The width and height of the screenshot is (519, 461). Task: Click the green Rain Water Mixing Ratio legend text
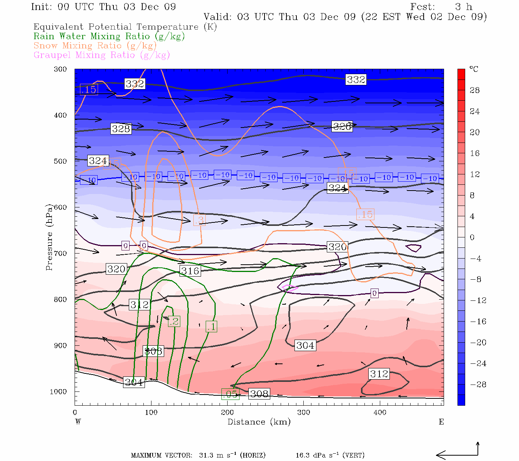109,36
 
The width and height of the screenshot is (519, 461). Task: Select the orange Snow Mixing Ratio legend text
95,46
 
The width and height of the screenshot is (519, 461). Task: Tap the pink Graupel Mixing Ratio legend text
101,55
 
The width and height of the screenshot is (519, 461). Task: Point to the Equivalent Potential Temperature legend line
125,27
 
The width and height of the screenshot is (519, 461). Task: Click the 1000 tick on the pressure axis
58,391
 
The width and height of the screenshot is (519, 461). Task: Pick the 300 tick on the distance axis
304,412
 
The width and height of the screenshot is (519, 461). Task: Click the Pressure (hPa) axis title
49,237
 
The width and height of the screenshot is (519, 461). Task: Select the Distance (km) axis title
259,422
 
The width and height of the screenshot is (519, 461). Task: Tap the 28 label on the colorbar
475,90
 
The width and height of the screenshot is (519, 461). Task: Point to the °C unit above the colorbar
474,69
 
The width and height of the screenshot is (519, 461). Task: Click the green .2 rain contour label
174,321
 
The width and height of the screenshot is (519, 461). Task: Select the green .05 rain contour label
230,394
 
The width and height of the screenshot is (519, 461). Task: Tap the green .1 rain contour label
211,327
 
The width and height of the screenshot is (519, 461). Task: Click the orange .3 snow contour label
199,220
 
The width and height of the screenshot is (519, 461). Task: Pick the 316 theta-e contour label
190,271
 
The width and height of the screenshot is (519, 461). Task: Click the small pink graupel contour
289,287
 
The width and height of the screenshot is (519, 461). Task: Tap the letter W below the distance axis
78,422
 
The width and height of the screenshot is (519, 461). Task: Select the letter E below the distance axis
441,422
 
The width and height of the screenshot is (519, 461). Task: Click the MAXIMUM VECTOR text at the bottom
161,456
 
